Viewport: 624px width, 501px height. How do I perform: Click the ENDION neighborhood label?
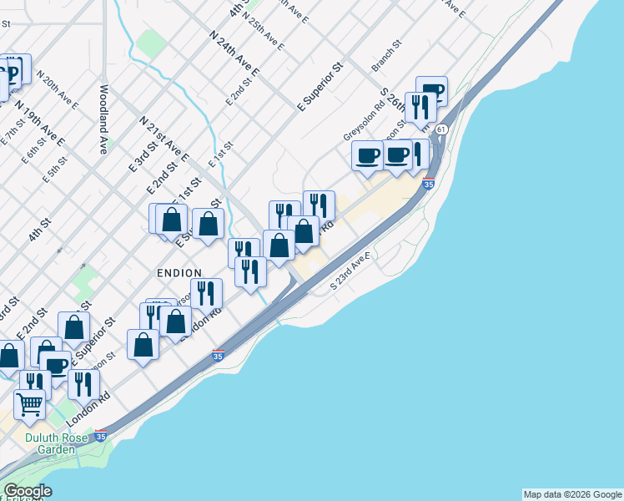pyautogui.click(x=179, y=273)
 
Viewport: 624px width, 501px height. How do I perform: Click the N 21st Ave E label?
pyautogui.click(x=164, y=139)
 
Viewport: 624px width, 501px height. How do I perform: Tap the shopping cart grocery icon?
pyautogui.click(x=30, y=405)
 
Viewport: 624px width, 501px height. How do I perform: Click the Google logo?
pyautogui.click(x=27, y=491)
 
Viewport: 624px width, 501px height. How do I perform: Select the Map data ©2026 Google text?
pyautogui.click(x=572, y=494)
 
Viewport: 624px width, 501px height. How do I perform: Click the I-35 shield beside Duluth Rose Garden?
pyautogui.click(x=100, y=436)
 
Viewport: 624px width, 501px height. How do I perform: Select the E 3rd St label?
pyautogui.click(x=143, y=158)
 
